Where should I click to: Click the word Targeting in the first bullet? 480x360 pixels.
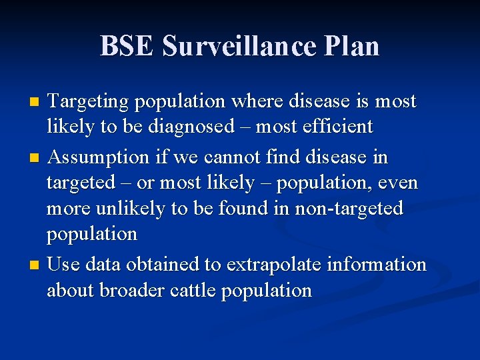pos(89,103)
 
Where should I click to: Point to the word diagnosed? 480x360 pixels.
pos(198,127)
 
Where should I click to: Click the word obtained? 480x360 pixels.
pos(167,265)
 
